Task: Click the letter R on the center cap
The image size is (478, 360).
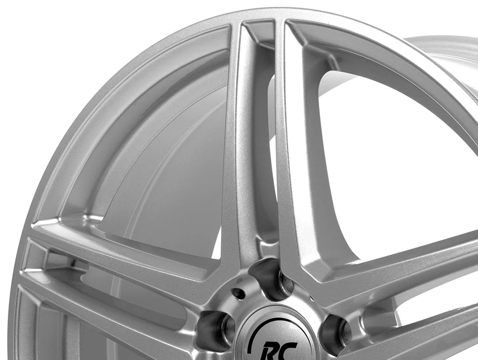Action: (x=272, y=351)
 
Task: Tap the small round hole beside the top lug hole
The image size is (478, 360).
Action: (x=239, y=294)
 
